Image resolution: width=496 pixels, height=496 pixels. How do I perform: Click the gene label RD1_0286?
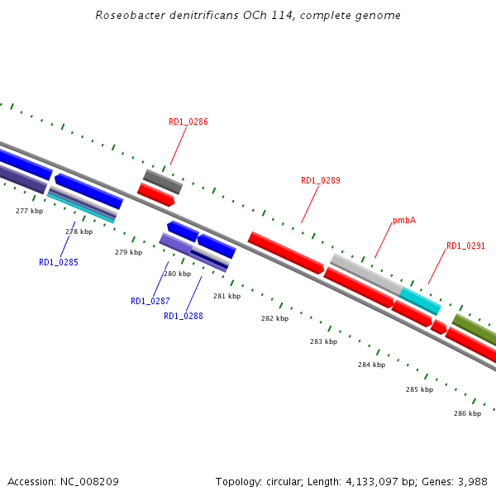click(188, 122)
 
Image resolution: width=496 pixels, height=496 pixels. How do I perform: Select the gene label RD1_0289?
click(321, 180)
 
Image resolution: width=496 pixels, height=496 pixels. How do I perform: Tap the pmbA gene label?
click(404, 221)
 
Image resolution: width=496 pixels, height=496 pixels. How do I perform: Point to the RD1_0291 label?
click(466, 246)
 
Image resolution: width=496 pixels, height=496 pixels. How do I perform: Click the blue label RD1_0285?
click(59, 263)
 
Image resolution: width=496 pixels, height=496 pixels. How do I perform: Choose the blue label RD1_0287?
click(150, 301)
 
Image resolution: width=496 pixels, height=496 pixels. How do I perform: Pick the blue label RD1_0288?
click(184, 316)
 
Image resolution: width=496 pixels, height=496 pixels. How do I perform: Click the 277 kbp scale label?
click(29, 212)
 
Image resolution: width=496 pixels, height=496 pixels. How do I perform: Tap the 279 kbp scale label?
click(128, 252)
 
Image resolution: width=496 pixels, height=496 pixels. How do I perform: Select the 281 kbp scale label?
click(227, 296)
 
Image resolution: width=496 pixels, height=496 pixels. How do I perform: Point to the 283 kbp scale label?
click(323, 341)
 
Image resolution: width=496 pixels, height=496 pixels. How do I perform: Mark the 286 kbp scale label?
click(467, 413)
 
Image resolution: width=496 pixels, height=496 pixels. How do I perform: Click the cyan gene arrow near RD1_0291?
click(420, 301)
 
